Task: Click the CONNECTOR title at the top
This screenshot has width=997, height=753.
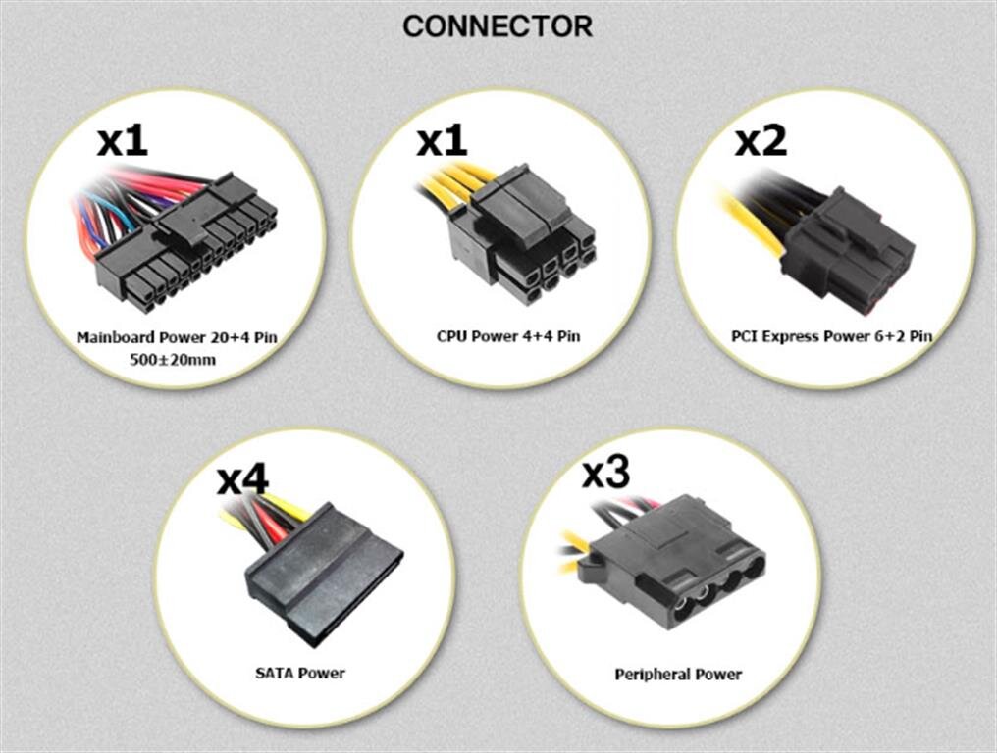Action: click(x=498, y=26)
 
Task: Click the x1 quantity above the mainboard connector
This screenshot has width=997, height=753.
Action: click(x=123, y=140)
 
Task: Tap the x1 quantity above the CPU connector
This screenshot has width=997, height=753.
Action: click(x=442, y=140)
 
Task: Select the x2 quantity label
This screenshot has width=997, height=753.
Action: click(x=761, y=140)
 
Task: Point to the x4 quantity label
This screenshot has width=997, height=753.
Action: click(x=242, y=478)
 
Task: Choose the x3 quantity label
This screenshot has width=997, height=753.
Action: click(x=606, y=472)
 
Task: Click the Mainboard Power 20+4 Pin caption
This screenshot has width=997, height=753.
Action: click(x=177, y=336)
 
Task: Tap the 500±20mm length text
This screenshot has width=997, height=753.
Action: click(x=173, y=360)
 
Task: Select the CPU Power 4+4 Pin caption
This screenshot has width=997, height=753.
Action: click(x=508, y=335)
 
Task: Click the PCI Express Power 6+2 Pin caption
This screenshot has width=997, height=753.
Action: click(x=832, y=335)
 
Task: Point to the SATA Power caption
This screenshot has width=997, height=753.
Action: click(x=300, y=673)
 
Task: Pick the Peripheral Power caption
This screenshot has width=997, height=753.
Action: click(x=678, y=674)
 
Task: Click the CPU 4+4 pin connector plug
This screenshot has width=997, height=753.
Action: click(x=521, y=235)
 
